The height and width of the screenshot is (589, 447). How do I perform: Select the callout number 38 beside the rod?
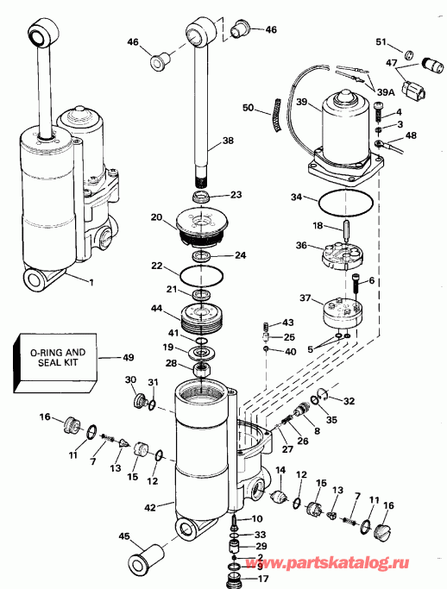tap(228, 141)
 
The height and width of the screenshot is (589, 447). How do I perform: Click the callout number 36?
tap(300, 246)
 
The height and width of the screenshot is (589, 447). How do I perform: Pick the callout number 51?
tap(381, 44)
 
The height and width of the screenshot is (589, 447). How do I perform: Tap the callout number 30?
tap(131, 380)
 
